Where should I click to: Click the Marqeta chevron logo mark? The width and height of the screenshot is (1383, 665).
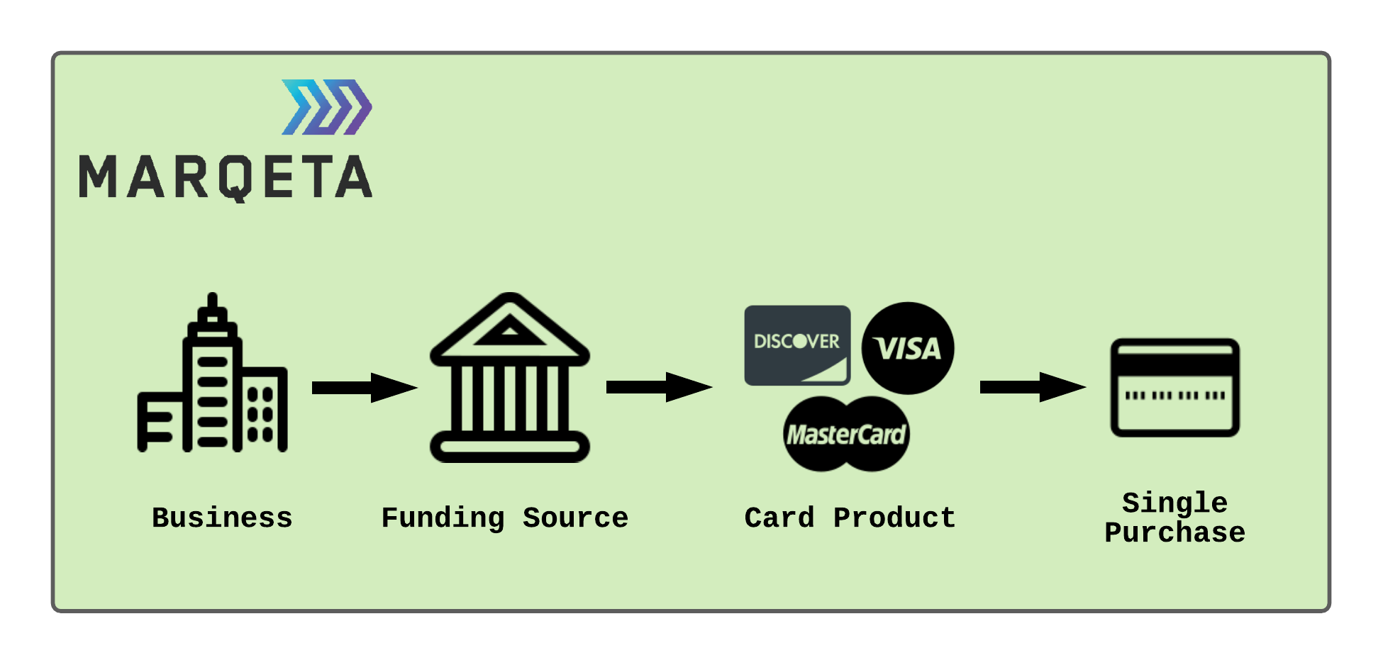click(x=327, y=107)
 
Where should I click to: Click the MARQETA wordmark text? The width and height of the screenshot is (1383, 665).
click(x=226, y=178)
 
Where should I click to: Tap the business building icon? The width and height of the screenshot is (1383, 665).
click(x=212, y=374)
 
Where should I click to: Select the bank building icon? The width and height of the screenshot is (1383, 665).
click(x=510, y=378)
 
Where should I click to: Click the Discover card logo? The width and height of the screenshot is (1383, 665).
click(x=797, y=345)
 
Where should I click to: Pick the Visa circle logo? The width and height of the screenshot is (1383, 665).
click(x=908, y=348)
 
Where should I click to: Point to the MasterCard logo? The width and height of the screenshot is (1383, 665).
click(x=846, y=434)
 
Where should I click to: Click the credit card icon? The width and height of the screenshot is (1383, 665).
click(x=1174, y=388)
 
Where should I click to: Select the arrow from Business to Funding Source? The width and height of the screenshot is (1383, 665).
click(x=364, y=387)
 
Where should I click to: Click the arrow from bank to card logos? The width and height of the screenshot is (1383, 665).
click(x=659, y=387)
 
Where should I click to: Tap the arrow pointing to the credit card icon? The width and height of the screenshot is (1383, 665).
click(x=1032, y=387)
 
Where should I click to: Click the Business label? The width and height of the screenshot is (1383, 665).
click(x=222, y=518)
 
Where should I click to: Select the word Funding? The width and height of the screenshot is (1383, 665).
click(x=443, y=518)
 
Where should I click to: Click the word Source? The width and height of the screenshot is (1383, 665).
click(x=575, y=518)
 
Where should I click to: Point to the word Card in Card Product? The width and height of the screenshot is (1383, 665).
click(x=779, y=518)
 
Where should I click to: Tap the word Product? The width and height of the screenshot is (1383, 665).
click(x=894, y=518)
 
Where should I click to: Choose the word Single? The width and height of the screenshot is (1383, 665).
click(x=1174, y=503)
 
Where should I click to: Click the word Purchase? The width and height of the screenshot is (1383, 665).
click(x=1174, y=532)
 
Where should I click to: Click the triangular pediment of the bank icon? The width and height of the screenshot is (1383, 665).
click(x=509, y=328)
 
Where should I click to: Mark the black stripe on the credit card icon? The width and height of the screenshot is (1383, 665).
click(x=1174, y=365)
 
